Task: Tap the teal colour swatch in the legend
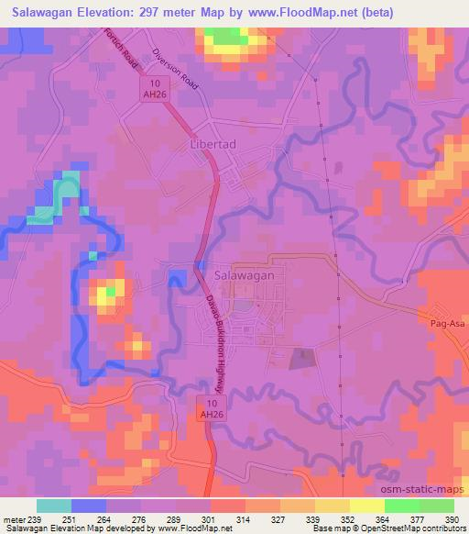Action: click(x=54, y=506)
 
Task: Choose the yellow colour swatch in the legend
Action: click(x=368, y=506)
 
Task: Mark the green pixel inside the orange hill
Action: click(x=111, y=292)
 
